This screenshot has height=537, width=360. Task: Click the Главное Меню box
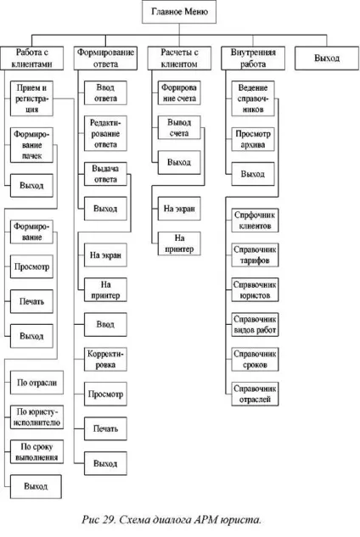coord(179,12)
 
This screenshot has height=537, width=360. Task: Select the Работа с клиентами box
coord(32,59)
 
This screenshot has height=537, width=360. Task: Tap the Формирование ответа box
coord(105,59)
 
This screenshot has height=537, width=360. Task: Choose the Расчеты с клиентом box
coord(179,59)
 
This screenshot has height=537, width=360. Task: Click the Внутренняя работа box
coord(253,59)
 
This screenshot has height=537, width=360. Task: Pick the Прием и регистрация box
coord(31,98)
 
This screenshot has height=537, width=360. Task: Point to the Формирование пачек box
coord(31,145)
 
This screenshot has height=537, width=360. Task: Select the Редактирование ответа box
coord(105,133)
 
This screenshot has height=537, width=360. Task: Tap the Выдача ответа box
coord(105,174)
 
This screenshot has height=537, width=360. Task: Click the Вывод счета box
coord(179,128)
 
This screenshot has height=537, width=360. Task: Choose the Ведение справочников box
coord(253,98)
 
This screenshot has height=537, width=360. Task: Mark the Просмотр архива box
coord(253,139)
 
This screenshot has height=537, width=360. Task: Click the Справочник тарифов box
coord(255,255)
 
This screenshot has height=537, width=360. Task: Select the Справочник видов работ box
coord(255,324)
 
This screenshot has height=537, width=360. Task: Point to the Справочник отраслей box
coord(255,394)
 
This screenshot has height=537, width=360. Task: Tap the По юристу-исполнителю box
coord(37,417)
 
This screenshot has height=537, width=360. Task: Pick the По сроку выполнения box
coord(37,451)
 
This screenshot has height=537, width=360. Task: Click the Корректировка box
coord(105,359)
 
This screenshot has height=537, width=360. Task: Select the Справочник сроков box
coord(255,359)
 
